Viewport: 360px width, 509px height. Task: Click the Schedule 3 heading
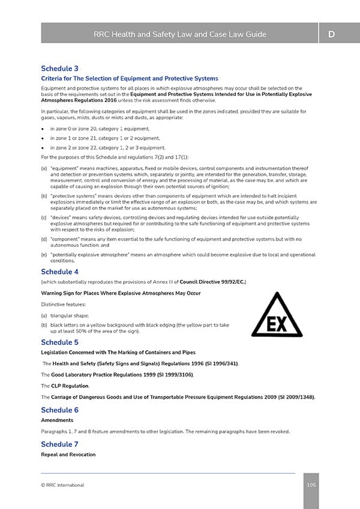59,68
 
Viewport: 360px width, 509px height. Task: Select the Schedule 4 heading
59,272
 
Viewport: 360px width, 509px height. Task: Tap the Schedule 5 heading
59,342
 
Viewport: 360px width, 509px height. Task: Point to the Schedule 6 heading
59,410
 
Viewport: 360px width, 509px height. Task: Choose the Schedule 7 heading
59,444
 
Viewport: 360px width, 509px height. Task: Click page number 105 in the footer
311,485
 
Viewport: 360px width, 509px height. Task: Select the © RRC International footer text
62,485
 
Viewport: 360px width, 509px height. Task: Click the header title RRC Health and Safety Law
180,34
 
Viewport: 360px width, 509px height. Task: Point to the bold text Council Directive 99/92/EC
213,281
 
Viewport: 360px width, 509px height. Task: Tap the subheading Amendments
56,421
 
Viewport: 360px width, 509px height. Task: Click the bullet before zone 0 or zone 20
43,129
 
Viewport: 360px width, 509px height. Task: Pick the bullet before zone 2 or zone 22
43,147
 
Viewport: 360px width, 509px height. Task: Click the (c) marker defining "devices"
44,218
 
